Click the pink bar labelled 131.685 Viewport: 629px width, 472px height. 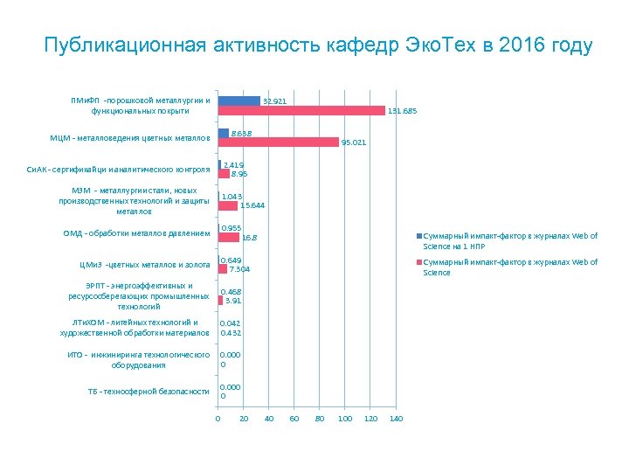pyautogui.click(x=301, y=111)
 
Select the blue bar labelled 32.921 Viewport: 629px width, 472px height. pyautogui.click(x=238, y=101)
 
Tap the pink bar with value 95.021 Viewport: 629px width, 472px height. pyautogui.click(x=278, y=142)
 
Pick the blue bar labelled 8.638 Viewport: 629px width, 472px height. pyautogui.click(x=223, y=133)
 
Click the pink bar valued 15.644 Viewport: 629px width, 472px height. pyautogui.click(x=227, y=205)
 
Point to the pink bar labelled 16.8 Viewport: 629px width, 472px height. pyautogui.click(x=228, y=237)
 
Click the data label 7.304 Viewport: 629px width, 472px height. pyautogui.click(x=239, y=269)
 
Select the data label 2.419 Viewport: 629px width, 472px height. pyautogui.click(x=233, y=164)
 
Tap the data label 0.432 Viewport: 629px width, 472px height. pyautogui.click(x=231, y=333)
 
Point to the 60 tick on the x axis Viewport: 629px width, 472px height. pyautogui.click(x=294, y=420)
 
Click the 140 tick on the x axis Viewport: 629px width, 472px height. pyautogui.click(x=395, y=420)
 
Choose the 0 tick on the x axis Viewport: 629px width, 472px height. pyautogui.click(x=218, y=420)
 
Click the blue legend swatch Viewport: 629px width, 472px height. pyautogui.click(x=419, y=237)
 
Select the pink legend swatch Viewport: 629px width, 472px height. pyautogui.click(x=419, y=263)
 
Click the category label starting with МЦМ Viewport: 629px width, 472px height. pyautogui.click(x=130, y=138)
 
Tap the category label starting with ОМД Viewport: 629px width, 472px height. pyautogui.click(x=136, y=233)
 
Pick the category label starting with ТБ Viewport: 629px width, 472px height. pyautogui.click(x=149, y=392)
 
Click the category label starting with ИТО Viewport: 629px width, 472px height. pyautogui.click(x=139, y=360)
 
